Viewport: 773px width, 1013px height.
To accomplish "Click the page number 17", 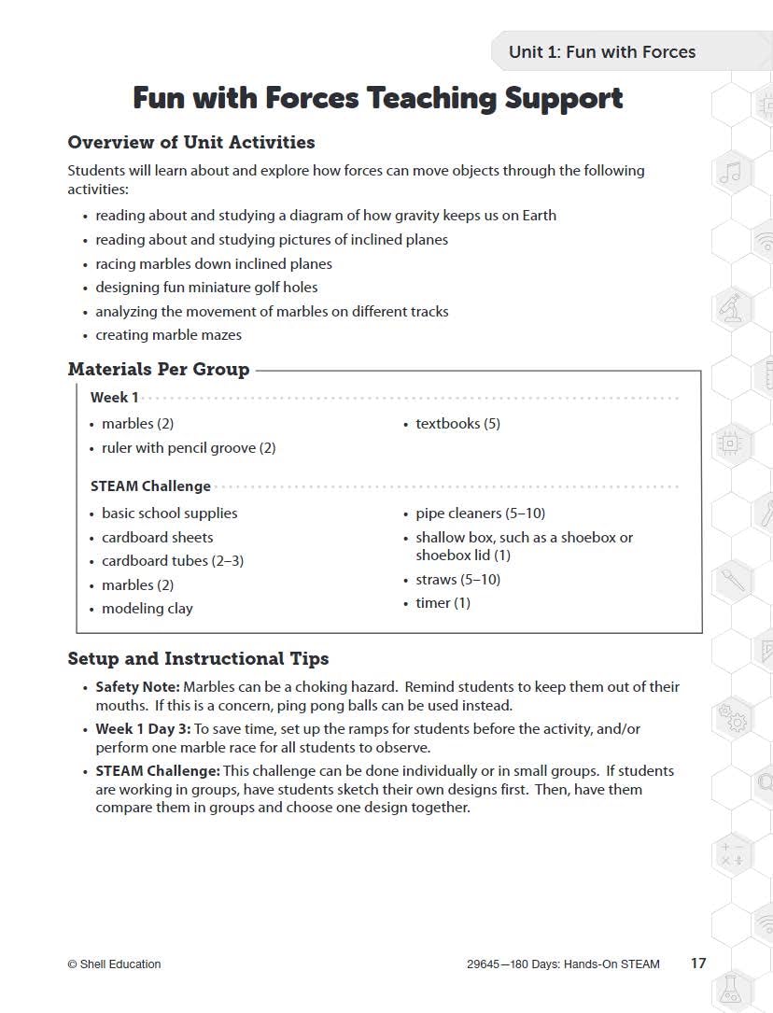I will pos(698,964).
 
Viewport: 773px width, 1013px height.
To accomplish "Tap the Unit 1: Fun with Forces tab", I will pos(601,52).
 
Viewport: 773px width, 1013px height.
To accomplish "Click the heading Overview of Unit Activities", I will pos(190,143).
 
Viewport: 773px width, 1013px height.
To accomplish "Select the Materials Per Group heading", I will pos(158,370).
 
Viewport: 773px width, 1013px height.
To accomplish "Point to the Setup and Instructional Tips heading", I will pos(198,659).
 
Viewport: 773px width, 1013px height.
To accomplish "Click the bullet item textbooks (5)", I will pos(457,424).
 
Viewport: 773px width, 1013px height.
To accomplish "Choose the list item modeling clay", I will pos(147,609).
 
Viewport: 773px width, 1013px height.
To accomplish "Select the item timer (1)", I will pos(443,603).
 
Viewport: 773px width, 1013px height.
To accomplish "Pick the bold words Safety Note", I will pos(137,687).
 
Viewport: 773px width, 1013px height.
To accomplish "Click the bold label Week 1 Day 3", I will pos(142,729).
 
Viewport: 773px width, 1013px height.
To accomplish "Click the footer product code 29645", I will pos(483,964).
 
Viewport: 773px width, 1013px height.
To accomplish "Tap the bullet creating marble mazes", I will pos(168,335).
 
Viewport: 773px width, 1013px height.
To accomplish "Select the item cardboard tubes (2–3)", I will pos(172,561).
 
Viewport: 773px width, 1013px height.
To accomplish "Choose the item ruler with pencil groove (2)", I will pos(189,448).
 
